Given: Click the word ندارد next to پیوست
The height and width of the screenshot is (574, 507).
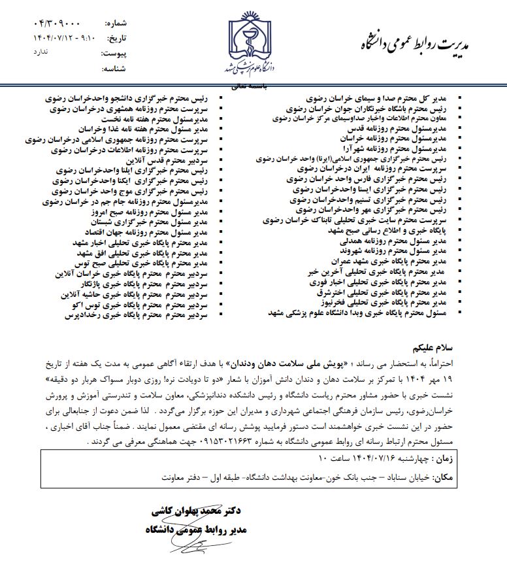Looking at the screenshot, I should point(42,52).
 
